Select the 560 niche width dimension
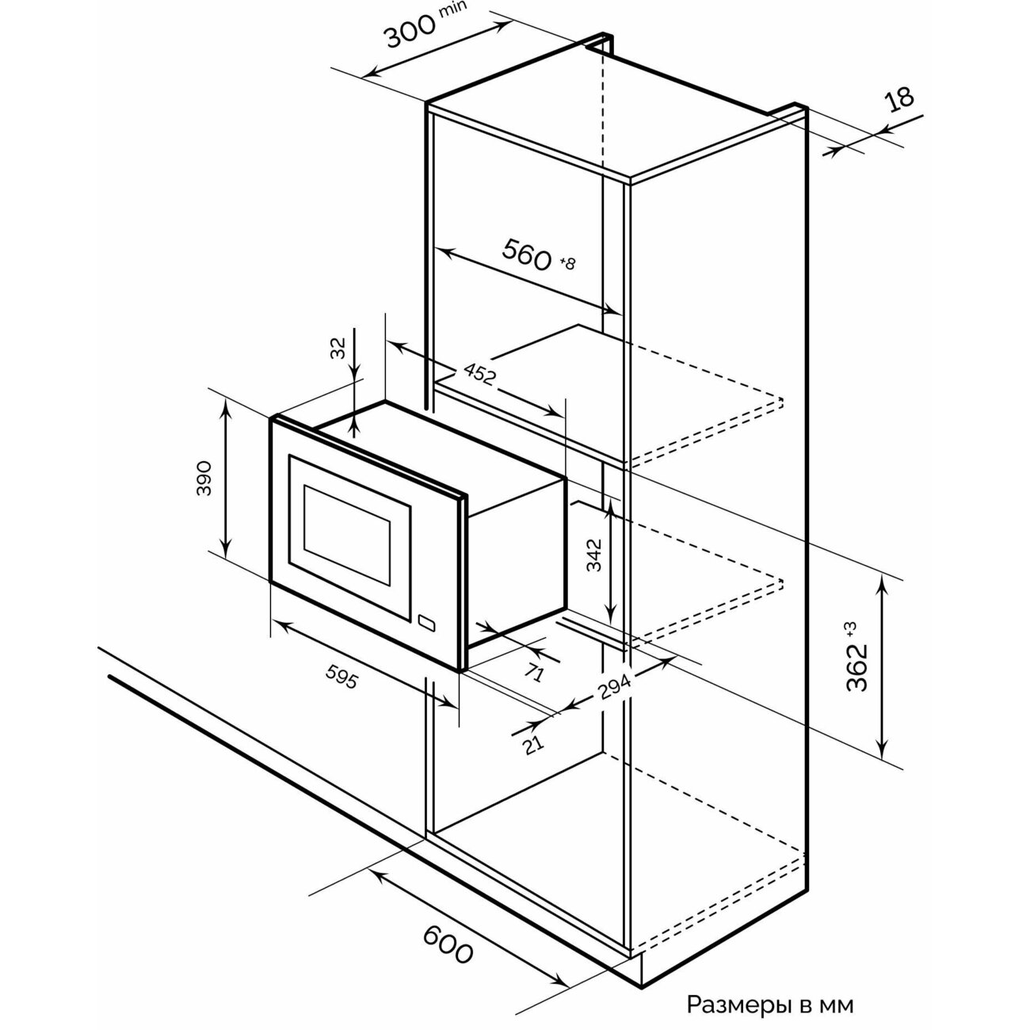tap(527, 254)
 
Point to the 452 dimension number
tap(479, 374)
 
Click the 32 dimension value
tap(338, 348)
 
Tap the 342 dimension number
tap(594, 555)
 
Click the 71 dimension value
tap(534, 672)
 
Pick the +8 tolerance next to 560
tap(566, 263)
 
